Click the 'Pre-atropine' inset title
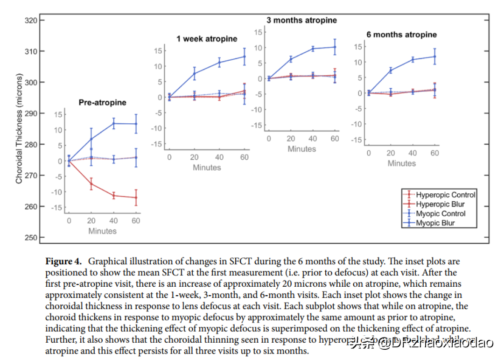[102, 102]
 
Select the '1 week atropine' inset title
[207, 39]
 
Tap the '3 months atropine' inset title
[301, 20]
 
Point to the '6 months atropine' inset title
[401, 35]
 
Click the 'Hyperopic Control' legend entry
[446, 195]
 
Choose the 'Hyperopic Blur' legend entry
[440, 204]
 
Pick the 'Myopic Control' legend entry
[441, 213]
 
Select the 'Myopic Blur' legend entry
[435, 223]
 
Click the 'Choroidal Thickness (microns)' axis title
[19, 128]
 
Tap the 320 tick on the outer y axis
[31, 20]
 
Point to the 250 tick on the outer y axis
[31, 238]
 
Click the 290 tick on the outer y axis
[31, 113]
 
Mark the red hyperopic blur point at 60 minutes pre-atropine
[136, 198]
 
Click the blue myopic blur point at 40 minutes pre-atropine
[113, 123]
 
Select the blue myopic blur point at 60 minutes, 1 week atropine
[244, 56]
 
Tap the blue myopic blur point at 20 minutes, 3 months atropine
[291, 59]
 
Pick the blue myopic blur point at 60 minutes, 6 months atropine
[435, 56]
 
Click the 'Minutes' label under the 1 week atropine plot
[207, 168]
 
